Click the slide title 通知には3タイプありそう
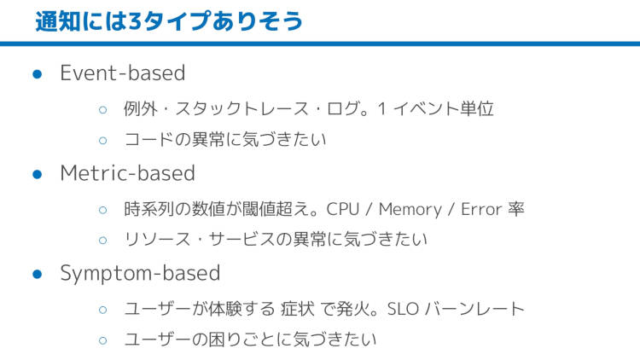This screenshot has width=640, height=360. tap(169, 21)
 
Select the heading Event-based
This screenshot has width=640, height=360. tap(123, 73)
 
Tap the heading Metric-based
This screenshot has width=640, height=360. tap(128, 173)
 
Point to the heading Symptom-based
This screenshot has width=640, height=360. tap(141, 274)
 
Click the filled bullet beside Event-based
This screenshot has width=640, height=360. tap(38, 74)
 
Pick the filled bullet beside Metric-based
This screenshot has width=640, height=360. tap(38, 174)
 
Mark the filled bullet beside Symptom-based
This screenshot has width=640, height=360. tap(38, 274)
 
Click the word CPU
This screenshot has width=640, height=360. tap(342, 209)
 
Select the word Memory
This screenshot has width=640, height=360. tap(410, 210)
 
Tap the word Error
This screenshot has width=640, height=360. tap(481, 209)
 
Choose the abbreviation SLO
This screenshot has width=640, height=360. tap(403, 309)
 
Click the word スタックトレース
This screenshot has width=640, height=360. tap(242, 109)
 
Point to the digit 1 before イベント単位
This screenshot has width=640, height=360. tap(381, 109)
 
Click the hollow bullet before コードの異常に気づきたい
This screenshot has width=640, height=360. tap(103, 141)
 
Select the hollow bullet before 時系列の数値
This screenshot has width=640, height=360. tap(103, 210)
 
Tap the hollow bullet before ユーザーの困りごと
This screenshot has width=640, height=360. tap(103, 340)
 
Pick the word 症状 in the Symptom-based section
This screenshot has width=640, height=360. tap(298, 309)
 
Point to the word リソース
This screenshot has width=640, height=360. tap(157, 240)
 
